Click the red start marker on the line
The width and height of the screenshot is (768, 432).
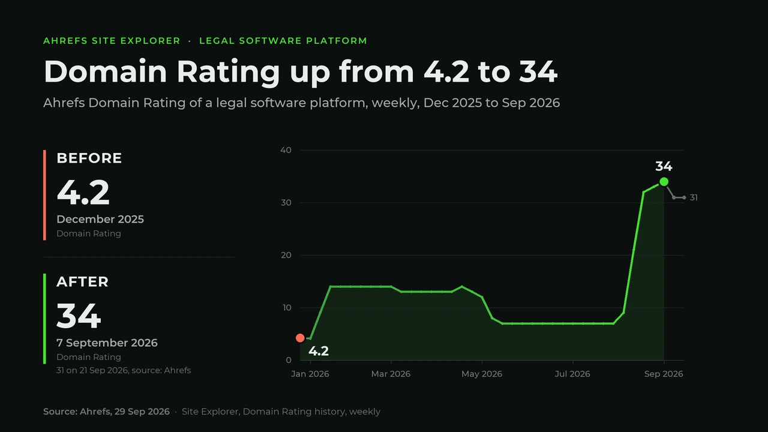pos(300,338)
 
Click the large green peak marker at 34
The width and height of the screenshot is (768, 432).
pos(664,182)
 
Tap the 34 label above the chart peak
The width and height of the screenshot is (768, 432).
pos(664,166)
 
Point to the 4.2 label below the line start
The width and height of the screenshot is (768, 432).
pos(319,351)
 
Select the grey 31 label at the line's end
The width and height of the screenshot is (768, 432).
pos(694,197)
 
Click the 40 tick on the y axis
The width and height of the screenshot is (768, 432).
pos(286,150)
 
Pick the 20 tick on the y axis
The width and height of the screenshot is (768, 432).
pos(286,255)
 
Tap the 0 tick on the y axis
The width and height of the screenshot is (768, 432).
pos(289,360)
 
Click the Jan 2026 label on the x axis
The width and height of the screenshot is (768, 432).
pos(310,374)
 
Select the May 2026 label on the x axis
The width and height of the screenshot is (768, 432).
pos(482,374)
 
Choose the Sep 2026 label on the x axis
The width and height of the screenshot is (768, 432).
pos(664,374)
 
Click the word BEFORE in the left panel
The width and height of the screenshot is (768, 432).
pos(89,158)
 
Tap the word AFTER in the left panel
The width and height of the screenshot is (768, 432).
pos(82,282)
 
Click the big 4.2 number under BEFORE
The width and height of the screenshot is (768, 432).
pos(83,193)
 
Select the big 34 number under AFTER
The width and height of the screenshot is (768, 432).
pos(79,316)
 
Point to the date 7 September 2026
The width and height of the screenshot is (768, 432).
pos(107,343)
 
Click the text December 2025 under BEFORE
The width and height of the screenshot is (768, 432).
pos(100,219)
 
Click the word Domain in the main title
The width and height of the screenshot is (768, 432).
pos(105,71)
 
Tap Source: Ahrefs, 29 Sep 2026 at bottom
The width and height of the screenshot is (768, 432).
pos(106,412)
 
